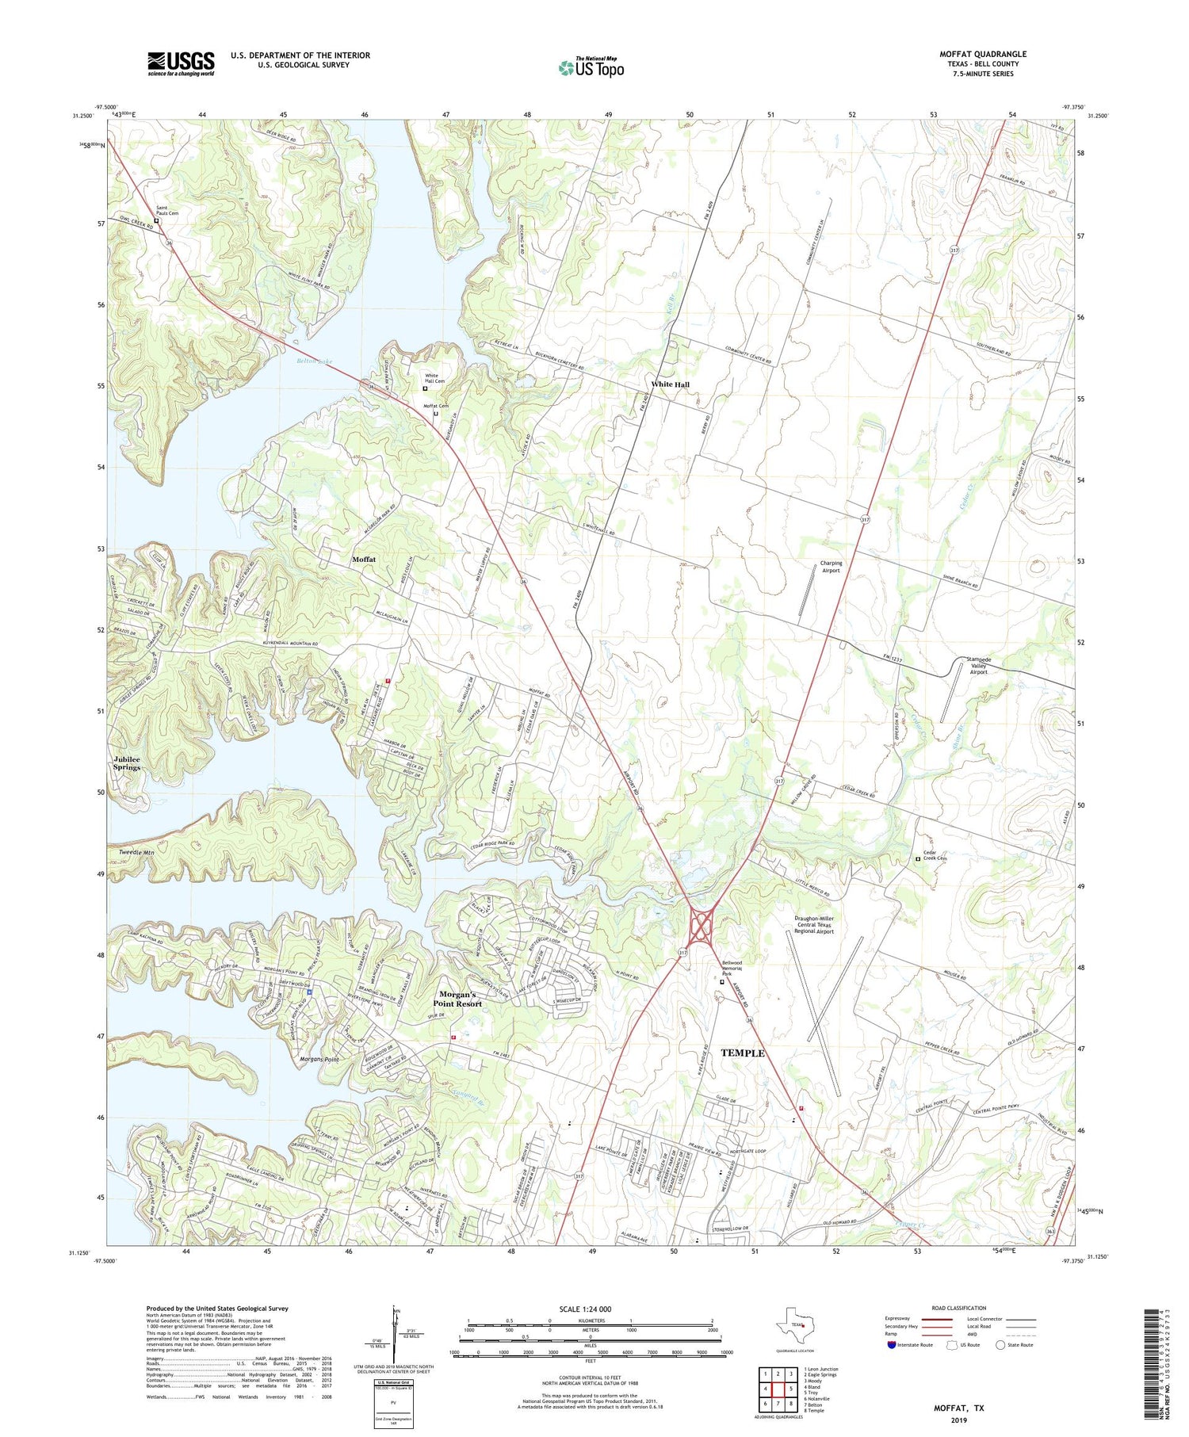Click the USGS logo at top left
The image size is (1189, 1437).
coord(181,63)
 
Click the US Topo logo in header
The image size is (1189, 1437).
coord(591,67)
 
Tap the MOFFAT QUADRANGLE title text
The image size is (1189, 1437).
coord(982,54)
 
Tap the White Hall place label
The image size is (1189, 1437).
coord(670,384)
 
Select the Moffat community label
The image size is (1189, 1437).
coord(364,560)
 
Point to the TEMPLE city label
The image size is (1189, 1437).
coord(742,1053)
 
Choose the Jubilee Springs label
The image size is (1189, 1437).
coord(127,763)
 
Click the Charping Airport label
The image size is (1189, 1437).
coord(831,567)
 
